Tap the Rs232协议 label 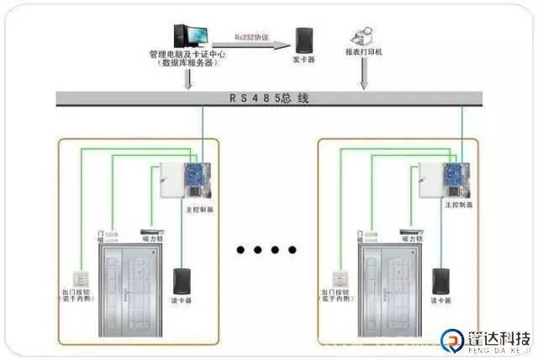251,37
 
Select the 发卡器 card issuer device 303,39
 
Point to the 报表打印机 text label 364,53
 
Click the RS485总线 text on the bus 269,98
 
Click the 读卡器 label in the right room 440,300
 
